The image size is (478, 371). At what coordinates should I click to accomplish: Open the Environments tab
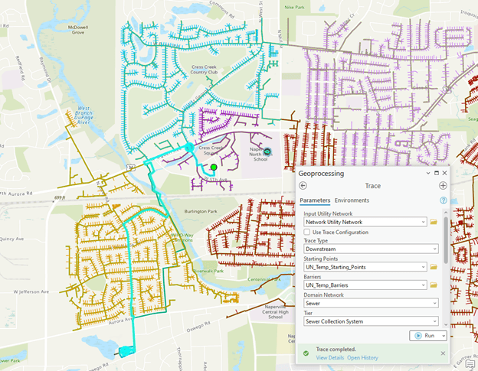click(x=352, y=200)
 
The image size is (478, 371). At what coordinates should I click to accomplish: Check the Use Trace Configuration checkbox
click(x=308, y=232)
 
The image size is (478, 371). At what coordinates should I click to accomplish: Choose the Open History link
click(x=362, y=358)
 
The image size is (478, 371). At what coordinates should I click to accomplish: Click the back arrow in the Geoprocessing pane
click(x=303, y=185)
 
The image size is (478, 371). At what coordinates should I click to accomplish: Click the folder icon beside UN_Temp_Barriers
click(x=434, y=285)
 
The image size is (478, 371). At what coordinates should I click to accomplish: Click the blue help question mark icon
click(x=443, y=200)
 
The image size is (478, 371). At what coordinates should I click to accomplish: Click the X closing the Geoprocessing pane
click(x=444, y=173)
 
